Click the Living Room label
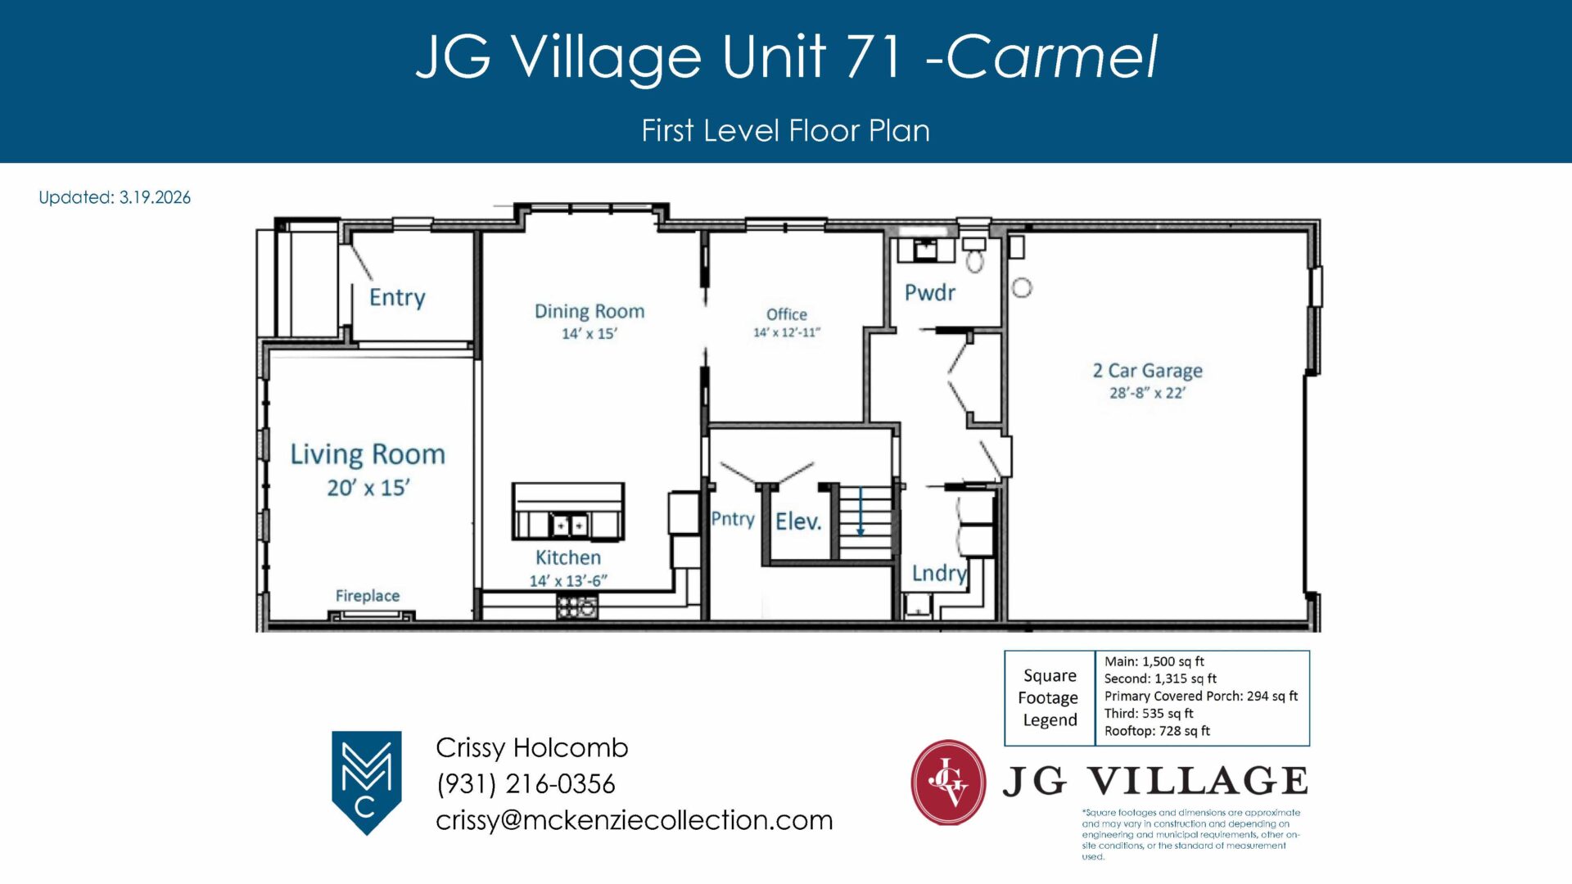point(368,454)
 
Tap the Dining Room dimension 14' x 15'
point(589,333)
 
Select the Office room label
point(787,314)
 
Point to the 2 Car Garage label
point(1148,371)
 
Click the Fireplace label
point(368,596)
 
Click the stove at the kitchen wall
point(577,607)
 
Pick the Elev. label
point(798,521)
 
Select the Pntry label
point(733,519)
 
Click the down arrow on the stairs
point(861,512)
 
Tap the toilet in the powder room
point(974,255)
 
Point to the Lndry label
point(940,573)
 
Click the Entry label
point(397,297)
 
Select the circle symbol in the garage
point(1022,288)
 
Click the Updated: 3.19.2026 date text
point(115,197)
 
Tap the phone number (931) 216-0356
point(526,783)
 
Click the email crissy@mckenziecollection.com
point(635,820)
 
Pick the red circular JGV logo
point(949,783)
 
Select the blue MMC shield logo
point(366,783)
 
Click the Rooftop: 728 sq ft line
point(1157,731)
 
